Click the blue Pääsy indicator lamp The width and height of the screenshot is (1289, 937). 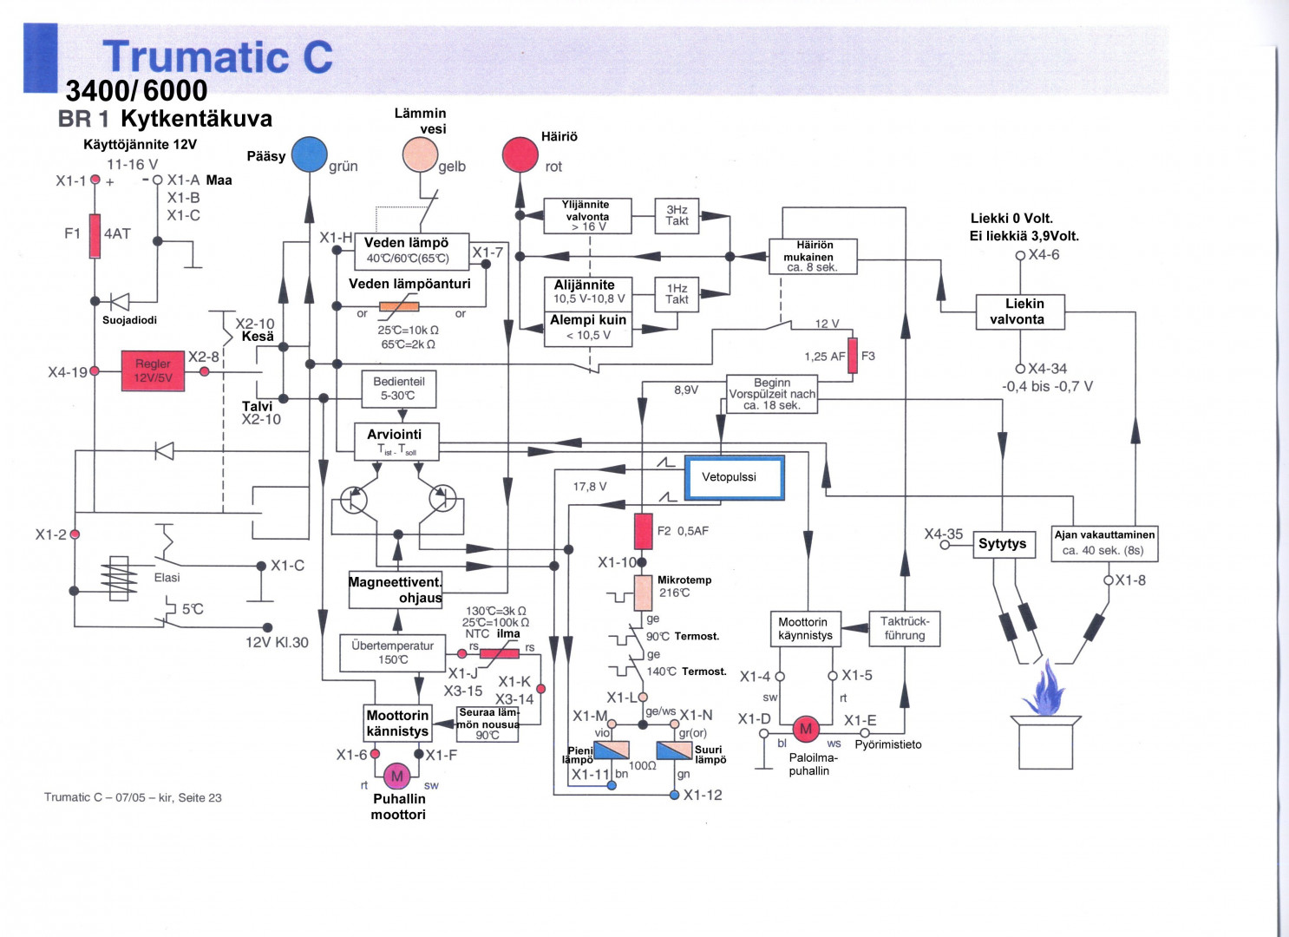point(309,154)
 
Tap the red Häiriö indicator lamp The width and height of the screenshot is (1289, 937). point(520,155)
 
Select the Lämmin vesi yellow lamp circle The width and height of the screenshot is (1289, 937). point(420,155)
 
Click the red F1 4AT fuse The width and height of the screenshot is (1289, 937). point(95,236)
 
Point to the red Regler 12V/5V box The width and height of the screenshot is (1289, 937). point(154,370)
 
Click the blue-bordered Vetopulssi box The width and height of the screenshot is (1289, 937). point(734,478)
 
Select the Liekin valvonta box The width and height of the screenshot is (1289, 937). point(1020,311)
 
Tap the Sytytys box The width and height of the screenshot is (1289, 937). point(1004,544)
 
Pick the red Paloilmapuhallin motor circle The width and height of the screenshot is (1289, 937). point(806,729)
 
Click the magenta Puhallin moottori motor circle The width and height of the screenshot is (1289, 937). point(396,776)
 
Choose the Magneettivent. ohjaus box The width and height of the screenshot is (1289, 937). point(396,590)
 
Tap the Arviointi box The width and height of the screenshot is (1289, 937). point(396,441)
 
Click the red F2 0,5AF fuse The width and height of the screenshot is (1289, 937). point(643,531)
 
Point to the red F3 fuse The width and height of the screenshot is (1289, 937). point(853,356)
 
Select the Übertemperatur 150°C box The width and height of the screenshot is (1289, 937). point(392,652)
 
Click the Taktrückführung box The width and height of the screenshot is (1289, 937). point(905,628)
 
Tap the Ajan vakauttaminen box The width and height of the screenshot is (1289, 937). point(1104,543)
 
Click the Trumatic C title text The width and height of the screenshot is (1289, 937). point(218,57)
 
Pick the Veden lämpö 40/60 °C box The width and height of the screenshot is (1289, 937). point(411,251)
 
